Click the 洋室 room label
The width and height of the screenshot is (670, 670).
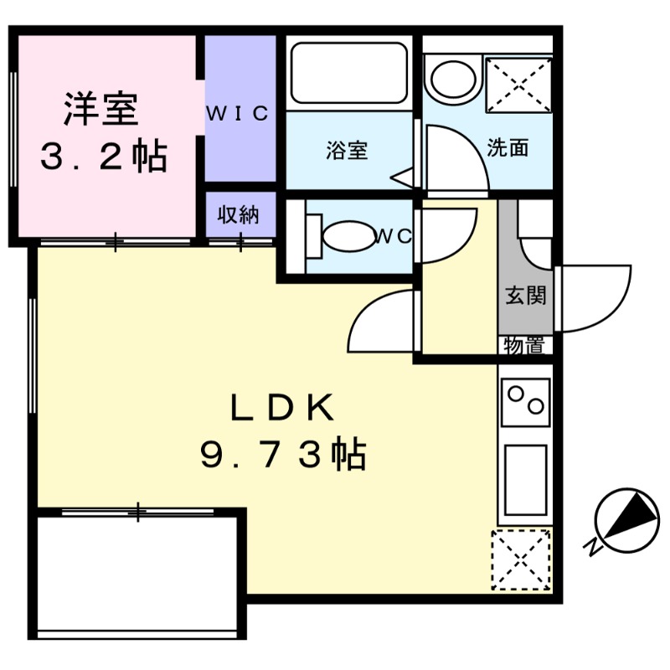pyautogui.click(x=104, y=110)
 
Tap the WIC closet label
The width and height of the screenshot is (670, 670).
pyautogui.click(x=239, y=113)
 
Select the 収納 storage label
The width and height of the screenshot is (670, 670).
pyautogui.click(x=239, y=214)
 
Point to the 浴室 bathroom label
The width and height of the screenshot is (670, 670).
pyautogui.click(x=347, y=152)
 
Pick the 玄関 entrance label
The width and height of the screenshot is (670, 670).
pyautogui.click(x=525, y=296)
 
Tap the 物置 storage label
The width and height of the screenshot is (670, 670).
pyautogui.click(x=525, y=345)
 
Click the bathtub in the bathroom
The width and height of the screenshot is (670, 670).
pyautogui.click(x=348, y=74)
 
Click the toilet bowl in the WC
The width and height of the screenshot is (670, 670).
pyautogui.click(x=343, y=236)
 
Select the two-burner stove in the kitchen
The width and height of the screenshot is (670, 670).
pyautogui.click(x=525, y=402)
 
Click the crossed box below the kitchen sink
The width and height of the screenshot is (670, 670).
pyautogui.click(x=521, y=560)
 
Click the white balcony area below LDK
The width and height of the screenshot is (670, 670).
pyautogui.click(x=140, y=578)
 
